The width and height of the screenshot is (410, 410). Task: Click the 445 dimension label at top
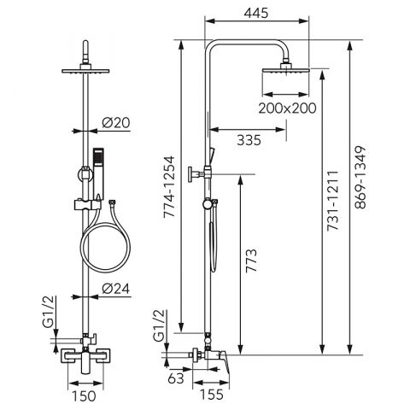(256, 13)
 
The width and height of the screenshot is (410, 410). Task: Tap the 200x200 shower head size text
(287, 108)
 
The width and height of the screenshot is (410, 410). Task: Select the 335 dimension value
(249, 140)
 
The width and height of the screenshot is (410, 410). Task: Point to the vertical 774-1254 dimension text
(169, 187)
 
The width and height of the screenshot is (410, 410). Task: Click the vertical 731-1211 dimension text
(332, 201)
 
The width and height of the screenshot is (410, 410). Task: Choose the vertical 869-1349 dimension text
(360, 178)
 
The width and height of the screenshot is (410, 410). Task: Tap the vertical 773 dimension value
(251, 261)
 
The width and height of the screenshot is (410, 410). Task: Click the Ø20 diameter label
(116, 123)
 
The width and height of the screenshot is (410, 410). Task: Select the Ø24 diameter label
(116, 289)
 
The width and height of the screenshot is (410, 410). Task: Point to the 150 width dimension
(84, 396)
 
